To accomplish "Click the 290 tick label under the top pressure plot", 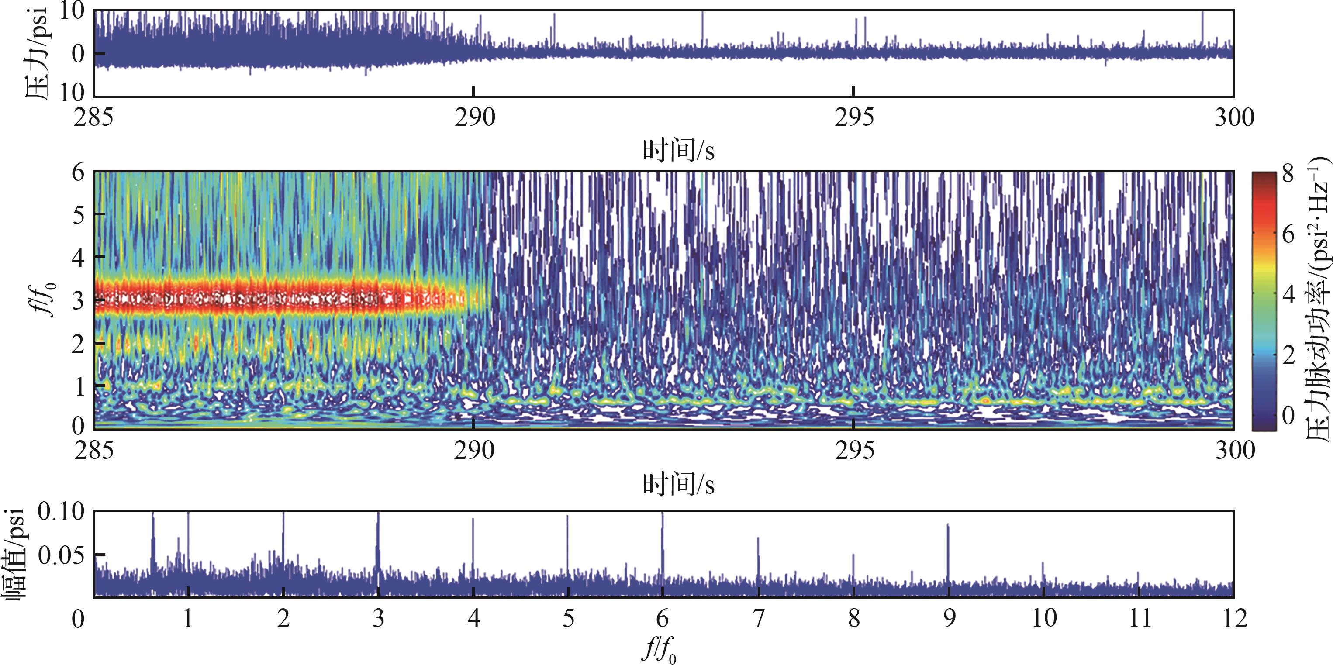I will coord(474,118).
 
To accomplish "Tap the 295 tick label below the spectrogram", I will coord(854,451).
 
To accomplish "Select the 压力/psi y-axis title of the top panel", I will coord(36,53).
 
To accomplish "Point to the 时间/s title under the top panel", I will coord(678,151).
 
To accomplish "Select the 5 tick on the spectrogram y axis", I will coord(78,214).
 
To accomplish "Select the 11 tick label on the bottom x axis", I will coord(1139,618).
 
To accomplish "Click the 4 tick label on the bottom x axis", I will coord(473,618).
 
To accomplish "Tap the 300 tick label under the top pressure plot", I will coord(1234,118).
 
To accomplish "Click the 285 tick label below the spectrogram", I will coord(94,451).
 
